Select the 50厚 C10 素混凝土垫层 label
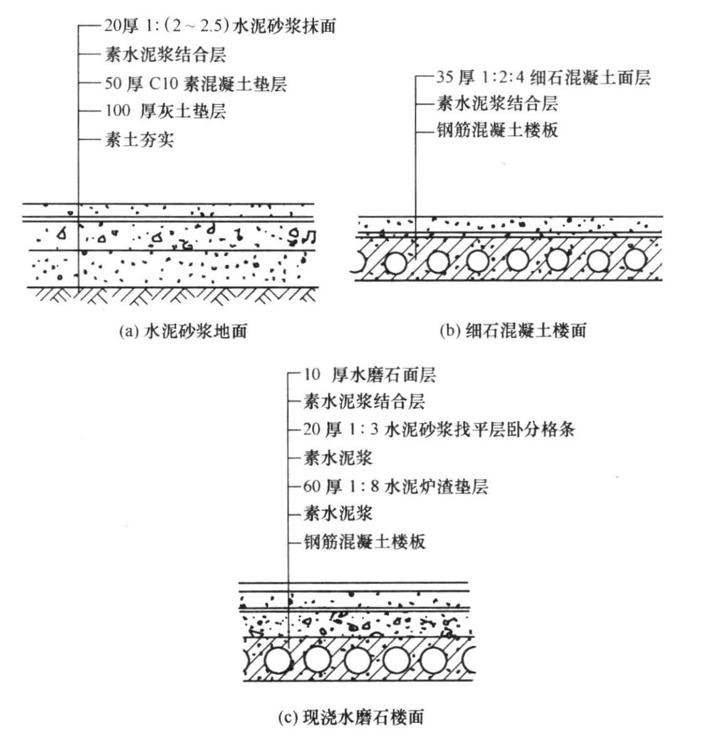[x=196, y=83]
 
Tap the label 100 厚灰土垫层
[x=165, y=111]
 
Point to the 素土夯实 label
[x=139, y=139]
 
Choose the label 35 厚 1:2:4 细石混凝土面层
[x=544, y=78]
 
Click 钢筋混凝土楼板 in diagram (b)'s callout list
[x=497, y=130]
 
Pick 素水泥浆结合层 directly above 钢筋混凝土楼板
[x=497, y=103]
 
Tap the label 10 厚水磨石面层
[x=370, y=375]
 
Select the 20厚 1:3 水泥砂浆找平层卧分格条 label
[x=439, y=430]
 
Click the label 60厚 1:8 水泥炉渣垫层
[x=396, y=485]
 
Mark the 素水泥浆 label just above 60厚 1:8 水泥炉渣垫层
[x=338, y=458]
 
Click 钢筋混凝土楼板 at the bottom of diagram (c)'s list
[x=365, y=541]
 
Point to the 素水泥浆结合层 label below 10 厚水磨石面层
[x=365, y=402]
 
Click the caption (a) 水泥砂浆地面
[x=182, y=331]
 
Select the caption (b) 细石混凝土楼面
[x=512, y=331]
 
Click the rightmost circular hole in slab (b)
[x=635, y=261]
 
